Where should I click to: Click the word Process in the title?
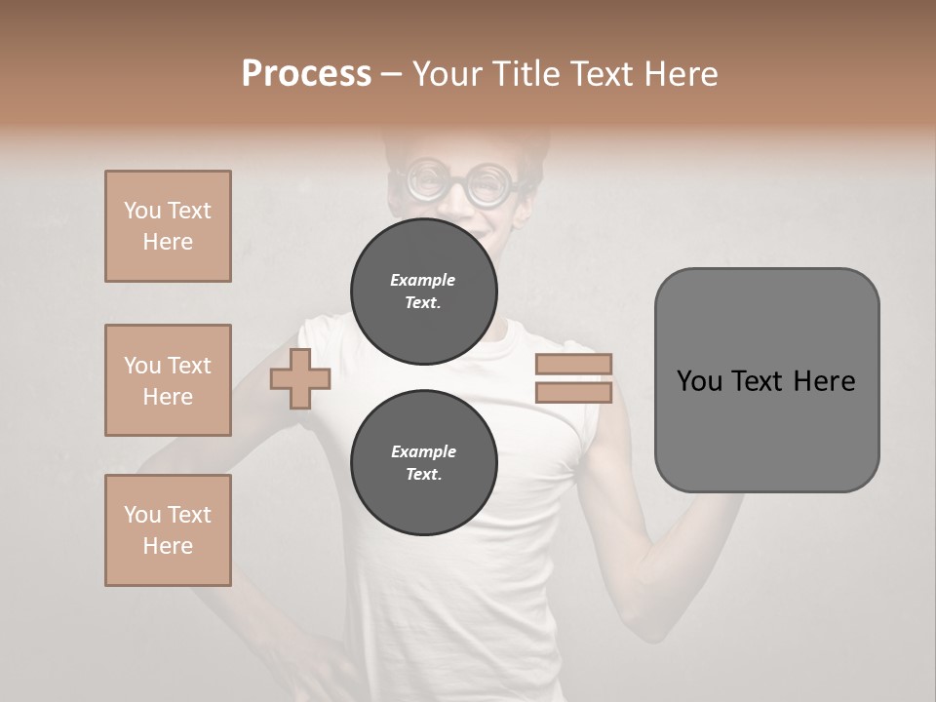[x=306, y=74]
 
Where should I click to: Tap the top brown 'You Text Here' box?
[x=168, y=226]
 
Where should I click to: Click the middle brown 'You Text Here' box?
[x=168, y=380]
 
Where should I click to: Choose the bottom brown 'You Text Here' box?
[x=168, y=530]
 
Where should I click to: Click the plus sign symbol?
[x=300, y=379]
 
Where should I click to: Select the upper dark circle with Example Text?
[x=423, y=292]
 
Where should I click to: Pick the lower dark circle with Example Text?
[x=423, y=463]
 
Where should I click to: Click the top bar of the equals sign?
[x=573, y=365]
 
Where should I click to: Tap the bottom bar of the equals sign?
[x=573, y=393]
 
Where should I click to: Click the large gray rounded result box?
[x=766, y=380]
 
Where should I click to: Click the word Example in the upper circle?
[x=423, y=280]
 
